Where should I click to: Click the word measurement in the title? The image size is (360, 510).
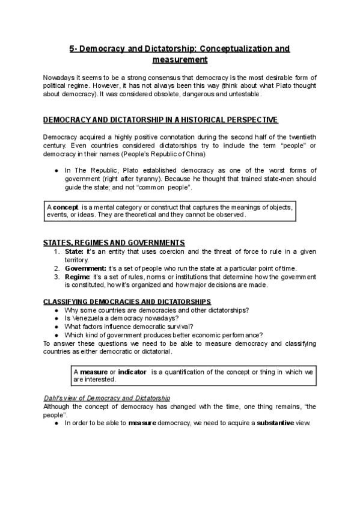(x=180, y=60)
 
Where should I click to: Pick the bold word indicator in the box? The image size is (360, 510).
(x=132, y=372)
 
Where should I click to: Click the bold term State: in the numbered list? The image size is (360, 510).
(x=74, y=251)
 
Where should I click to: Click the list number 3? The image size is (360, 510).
(x=56, y=276)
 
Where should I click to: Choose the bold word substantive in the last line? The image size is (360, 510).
(x=273, y=423)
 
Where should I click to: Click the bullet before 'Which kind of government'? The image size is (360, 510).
(x=56, y=335)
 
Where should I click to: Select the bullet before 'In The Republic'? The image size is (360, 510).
(x=56, y=171)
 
